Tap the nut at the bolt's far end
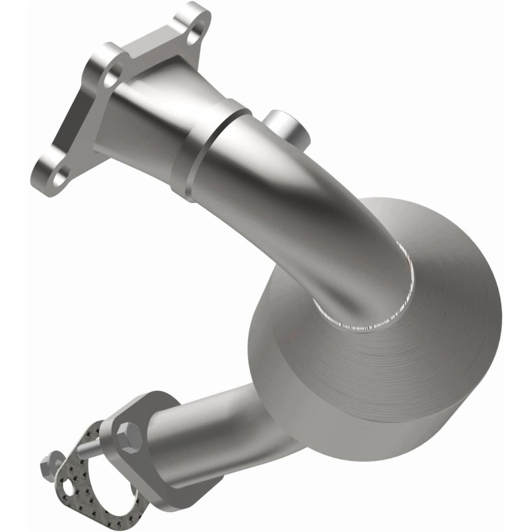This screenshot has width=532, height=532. pyautogui.click(x=48, y=460)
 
